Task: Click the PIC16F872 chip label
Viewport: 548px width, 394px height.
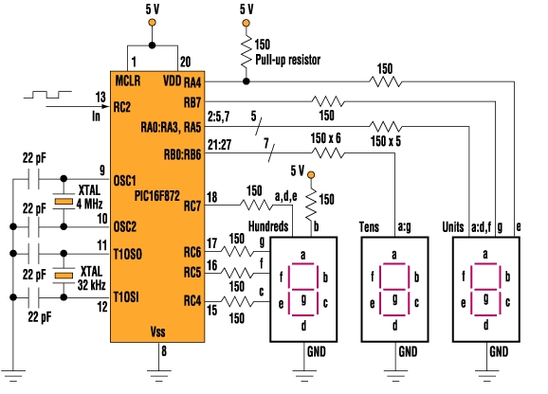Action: click(157, 196)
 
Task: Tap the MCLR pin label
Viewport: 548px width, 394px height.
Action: click(128, 81)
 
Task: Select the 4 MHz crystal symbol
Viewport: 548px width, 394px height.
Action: click(64, 202)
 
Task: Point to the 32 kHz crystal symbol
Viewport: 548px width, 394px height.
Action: click(64, 276)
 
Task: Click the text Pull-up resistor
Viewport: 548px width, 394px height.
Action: click(287, 60)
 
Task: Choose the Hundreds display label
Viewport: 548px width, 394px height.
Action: click(268, 226)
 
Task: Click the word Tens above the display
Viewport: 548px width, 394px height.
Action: click(369, 227)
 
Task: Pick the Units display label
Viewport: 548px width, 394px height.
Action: click(453, 227)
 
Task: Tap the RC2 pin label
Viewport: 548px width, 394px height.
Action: click(122, 107)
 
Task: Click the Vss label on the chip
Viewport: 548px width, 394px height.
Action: click(157, 331)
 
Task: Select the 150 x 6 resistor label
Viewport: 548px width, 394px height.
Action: click(325, 138)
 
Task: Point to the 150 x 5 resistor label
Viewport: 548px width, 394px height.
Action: click(386, 141)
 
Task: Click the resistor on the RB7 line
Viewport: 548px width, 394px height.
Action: click(328, 101)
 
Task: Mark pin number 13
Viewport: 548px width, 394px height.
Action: click(100, 97)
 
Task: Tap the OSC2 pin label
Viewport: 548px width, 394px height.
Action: click(125, 227)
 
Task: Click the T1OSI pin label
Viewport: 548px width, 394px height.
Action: click(126, 297)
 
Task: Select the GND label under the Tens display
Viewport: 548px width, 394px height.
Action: click(408, 351)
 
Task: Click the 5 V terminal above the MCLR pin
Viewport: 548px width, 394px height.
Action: click(152, 23)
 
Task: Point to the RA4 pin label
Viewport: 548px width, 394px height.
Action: click(192, 82)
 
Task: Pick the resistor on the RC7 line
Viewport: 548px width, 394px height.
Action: click(256, 205)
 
